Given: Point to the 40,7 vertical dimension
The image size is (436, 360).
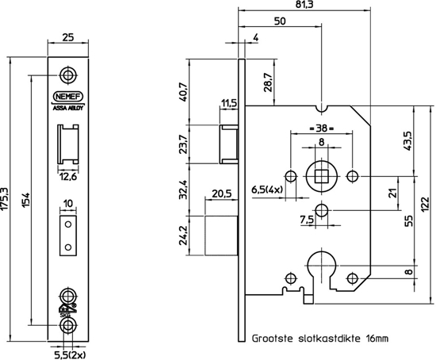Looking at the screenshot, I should [x=183, y=93].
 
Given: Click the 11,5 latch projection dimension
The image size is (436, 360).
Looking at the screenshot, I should [x=229, y=103].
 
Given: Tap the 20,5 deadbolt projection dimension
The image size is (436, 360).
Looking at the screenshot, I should [x=222, y=193].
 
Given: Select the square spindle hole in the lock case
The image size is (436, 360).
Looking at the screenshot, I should [x=322, y=175].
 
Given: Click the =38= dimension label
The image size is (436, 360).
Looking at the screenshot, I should [x=321, y=128].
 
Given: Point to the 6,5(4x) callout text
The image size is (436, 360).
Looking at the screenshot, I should [x=266, y=190].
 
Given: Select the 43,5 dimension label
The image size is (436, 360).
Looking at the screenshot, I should [x=407, y=141].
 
